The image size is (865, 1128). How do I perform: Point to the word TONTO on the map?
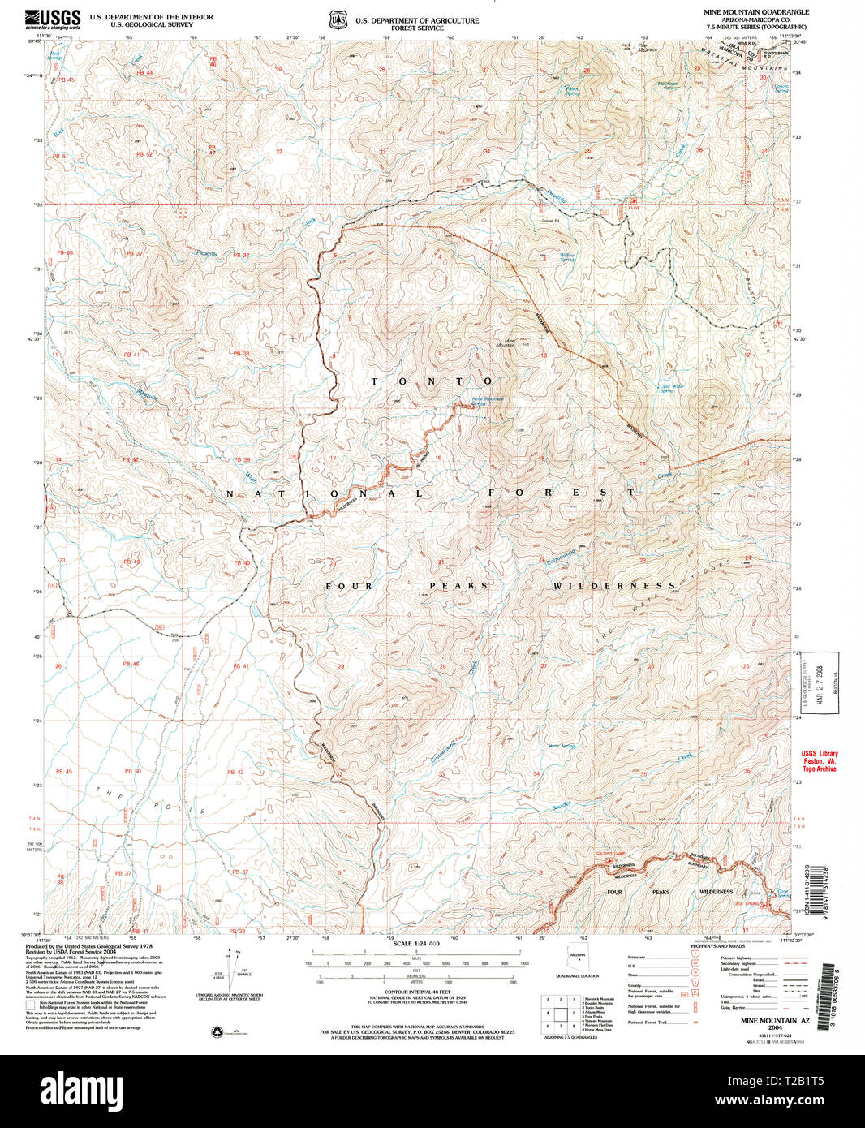click(432, 381)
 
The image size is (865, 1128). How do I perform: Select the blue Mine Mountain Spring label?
click(487, 401)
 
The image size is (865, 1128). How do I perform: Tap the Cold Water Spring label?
click(672, 389)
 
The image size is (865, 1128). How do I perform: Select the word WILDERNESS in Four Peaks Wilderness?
click(614, 586)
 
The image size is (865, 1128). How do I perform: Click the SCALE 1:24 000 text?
click(415, 944)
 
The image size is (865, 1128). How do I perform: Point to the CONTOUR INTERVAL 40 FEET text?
click(417, 992)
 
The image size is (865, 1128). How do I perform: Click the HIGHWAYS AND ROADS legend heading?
click(718, 946)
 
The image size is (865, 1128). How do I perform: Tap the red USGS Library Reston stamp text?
click(819, 761)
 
